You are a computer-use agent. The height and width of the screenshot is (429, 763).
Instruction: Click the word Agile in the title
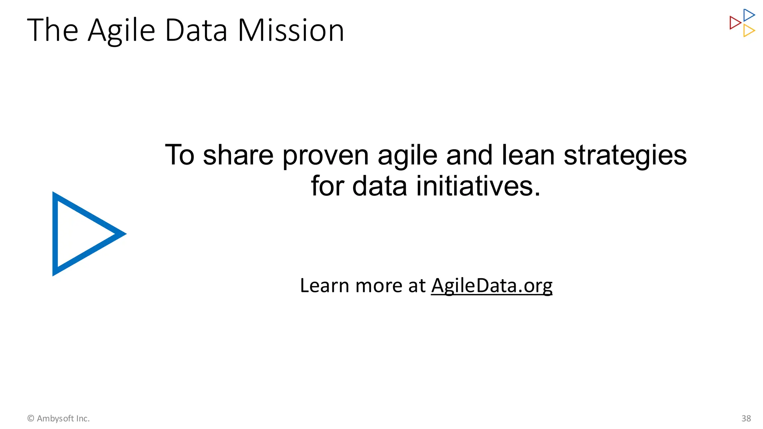(x=121, y=31)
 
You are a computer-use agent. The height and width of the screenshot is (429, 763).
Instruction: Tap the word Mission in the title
(x=291, y=31)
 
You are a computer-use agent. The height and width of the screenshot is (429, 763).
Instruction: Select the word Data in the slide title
(x=196, y=31)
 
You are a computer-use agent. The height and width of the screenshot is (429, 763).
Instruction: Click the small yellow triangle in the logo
(x=748, y=31)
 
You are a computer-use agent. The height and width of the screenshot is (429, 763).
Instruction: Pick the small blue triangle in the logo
(x=748, y=15)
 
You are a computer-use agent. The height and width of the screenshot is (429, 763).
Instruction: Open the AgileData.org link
(x=491, y=286)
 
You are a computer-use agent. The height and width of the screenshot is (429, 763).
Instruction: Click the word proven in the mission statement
(x=325, y=156)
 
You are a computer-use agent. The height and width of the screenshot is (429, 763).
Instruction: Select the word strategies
(x=625, y=156)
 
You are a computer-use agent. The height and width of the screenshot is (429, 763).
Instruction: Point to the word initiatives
(x=478, y=186)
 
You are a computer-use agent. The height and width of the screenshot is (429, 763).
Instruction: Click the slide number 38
(x=746, y=419)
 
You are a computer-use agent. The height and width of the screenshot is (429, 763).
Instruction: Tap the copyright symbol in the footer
(x=31, y=419)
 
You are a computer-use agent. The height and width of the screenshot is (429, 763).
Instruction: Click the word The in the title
(x=53, y=31)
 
